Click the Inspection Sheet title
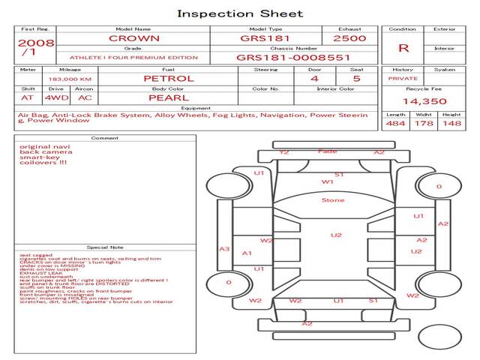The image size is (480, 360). point(240,13)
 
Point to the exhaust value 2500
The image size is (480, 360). point(350,38)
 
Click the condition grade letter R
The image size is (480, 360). point(403,48)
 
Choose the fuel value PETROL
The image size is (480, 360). point(169,78)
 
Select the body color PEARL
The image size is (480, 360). point(168,97)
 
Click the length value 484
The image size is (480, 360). point(396,124)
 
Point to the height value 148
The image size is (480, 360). point(451,124)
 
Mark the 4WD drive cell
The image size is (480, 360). point(52,97)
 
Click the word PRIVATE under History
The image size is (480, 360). point(403,78)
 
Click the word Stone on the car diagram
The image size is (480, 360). point(333,200)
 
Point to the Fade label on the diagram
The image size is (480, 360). point(328,151)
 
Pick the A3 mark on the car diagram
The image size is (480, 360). point(223,249)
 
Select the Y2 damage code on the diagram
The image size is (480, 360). point(283,152)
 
